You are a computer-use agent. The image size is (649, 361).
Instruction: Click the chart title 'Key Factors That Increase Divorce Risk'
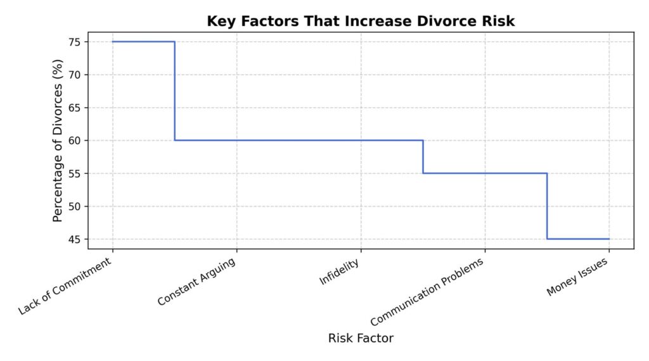(x=361, y=21)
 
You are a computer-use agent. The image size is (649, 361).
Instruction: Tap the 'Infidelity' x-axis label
(x=339, y=271)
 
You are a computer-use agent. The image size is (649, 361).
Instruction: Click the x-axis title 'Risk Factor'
(x=361, y=338)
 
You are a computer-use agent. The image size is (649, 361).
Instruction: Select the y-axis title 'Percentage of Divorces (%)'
(x=58, y=141)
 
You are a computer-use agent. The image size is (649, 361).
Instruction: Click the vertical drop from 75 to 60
(x=174, y=91)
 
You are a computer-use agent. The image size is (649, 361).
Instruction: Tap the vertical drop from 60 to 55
(x=423, y=157)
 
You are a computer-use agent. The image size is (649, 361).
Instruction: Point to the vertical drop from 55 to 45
(x=547, y=206)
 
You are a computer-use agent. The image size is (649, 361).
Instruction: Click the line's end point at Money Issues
(x=608, y=239)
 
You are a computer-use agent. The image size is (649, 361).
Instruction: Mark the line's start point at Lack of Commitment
(x=113, y=42)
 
